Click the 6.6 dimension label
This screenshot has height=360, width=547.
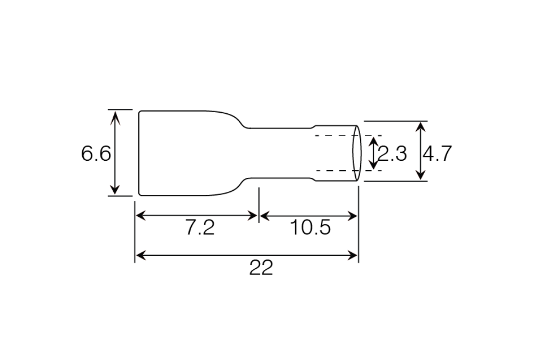(96, 153)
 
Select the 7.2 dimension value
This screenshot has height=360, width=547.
(200, 228)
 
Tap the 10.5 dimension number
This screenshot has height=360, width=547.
(310, 228)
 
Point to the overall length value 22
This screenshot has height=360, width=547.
(261, 268)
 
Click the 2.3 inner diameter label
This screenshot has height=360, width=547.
(392, 153)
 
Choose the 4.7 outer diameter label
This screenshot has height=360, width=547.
(437, 153)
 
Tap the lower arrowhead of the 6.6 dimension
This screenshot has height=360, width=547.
(115, 189)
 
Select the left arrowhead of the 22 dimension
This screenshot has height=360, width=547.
(141, 256)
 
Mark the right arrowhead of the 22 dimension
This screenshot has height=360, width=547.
(353, 256)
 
